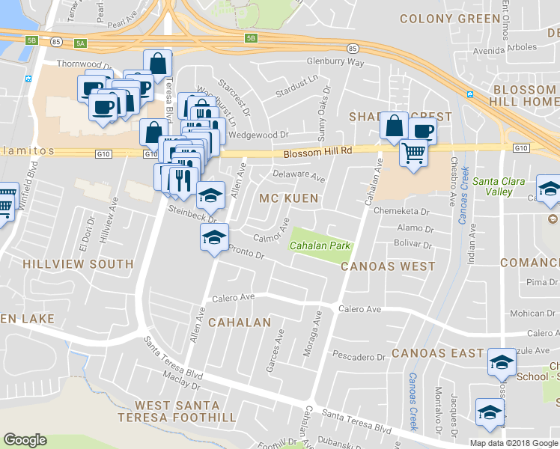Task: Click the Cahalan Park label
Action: (x=320, y=245)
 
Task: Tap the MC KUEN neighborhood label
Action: (x=288, y=198)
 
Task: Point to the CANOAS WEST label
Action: (x=388, y=266)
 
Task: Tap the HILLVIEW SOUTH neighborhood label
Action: (x=78, y=264)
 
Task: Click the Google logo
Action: (x=25, y=440)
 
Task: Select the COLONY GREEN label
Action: (x=449, y=18)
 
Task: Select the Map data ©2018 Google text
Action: (x=514, y=443)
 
